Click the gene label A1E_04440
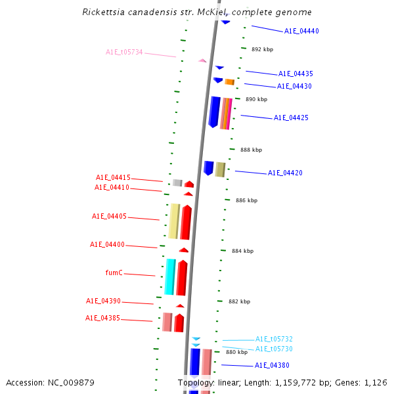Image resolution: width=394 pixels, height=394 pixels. coord(301,31)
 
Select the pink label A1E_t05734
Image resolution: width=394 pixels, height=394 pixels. coord(124,52)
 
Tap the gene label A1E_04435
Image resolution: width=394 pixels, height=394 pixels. coord(295,74)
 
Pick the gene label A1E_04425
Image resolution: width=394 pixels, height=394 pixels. coord(291,118)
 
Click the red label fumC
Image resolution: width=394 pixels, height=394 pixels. coord(114,273)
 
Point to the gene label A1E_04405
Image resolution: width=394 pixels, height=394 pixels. coord(109,216)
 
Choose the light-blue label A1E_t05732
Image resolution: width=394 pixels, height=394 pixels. coord(274,339)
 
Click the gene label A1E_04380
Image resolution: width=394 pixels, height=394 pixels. coord(272,365)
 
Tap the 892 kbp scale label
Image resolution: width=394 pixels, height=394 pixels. coord(262,49)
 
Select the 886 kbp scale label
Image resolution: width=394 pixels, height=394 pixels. coord(246,200)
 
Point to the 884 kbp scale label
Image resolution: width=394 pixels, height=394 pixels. coord(242,251)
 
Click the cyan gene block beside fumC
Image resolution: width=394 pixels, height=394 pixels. coord(170,276)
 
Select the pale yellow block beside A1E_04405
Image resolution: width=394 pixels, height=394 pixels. coord(174,221)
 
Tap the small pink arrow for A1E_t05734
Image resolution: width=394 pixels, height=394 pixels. coord(202,60)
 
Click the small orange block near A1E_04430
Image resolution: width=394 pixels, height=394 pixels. coord(229,82)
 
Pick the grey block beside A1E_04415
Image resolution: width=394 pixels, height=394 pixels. coord(177,183)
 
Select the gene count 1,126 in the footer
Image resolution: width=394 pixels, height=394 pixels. coord(376,382)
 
